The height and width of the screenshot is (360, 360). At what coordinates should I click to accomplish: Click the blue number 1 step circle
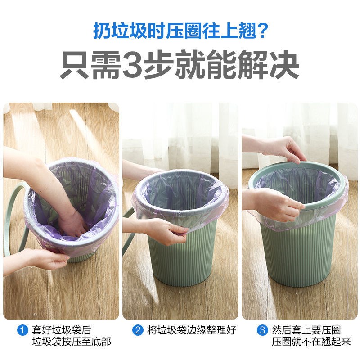(x=22, y=330)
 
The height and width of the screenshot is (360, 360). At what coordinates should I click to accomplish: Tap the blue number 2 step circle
(x=138, y=330)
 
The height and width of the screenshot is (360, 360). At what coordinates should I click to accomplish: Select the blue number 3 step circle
(x=262, y=330)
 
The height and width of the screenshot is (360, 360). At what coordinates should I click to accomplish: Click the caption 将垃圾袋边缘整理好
(x=192, y=330)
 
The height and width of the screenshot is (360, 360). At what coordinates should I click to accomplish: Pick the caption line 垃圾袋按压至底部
(x=72, y=342)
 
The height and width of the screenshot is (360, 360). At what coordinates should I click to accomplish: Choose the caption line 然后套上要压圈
(x=306, y=330)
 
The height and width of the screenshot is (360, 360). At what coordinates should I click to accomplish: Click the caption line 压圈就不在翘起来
(x=311, y=342)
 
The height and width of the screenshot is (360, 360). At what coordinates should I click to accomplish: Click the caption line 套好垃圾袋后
(x=62, y=330)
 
